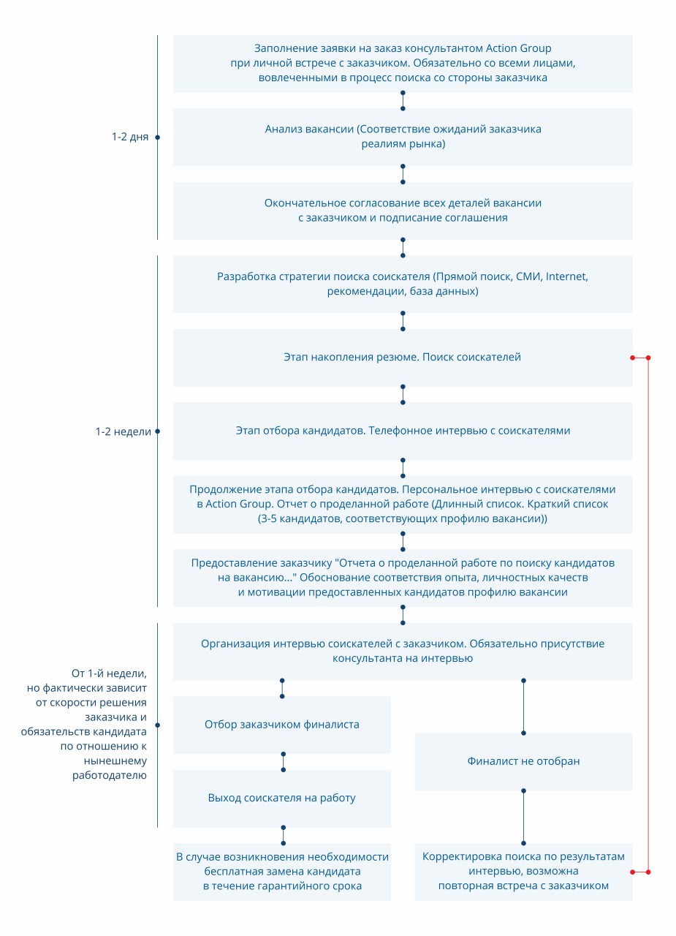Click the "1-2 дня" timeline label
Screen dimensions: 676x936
pyautogui.click(x=130, y=137)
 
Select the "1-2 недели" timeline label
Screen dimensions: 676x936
pyautogui.click(x=124, y=431)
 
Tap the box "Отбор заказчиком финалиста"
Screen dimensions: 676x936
pyautogui.click(x=282, y=725)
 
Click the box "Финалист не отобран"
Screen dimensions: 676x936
pyautogui.click(x=523, y=761)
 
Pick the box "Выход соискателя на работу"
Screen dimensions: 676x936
pyautogui.click(x=282, y=798)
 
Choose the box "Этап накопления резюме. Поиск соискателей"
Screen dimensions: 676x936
pyautogui.click(x=403, y=358)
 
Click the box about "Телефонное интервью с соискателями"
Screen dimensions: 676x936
pyautogui.click(x=403, y=431)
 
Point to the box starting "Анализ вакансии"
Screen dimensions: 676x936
pyautogui.click(x=403, y=137)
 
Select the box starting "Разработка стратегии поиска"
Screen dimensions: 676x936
pyautogui.click(x=403, y=284)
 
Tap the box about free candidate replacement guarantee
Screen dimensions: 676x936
pyautogui.click(x=282, y=872)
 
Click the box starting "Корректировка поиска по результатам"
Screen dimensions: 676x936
pyautogui.click(x=523, y=872)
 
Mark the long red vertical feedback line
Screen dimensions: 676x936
pyautogui.click(x=648, y=615)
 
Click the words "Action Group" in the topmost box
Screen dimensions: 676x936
pyautogui.click(x=518, y=48)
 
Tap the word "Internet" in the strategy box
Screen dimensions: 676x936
pyautogui.click(x=566, y=276)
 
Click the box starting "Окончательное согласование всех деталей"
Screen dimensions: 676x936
pyautogui.click(x=403, y=211)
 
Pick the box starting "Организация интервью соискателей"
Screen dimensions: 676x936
pyautogui.click(x=403, y=652)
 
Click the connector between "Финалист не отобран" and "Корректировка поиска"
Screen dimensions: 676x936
pyautogui.click(x=523, y=817)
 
